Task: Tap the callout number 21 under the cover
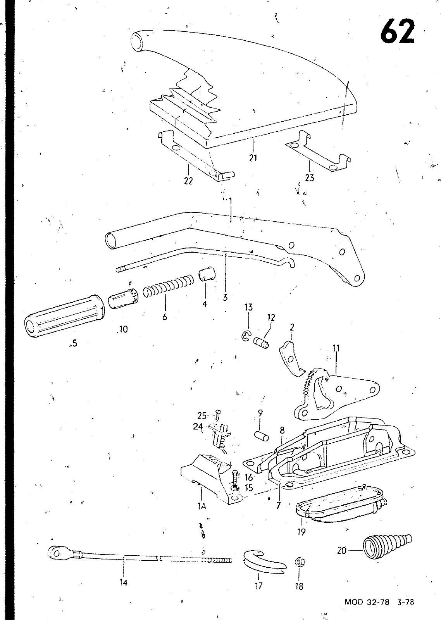(253, 158)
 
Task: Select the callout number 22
(188, 181)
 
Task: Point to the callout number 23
(310, 177)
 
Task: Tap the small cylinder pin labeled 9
(262, 435)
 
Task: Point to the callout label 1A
(201, 506)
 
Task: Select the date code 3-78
(406, 602)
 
